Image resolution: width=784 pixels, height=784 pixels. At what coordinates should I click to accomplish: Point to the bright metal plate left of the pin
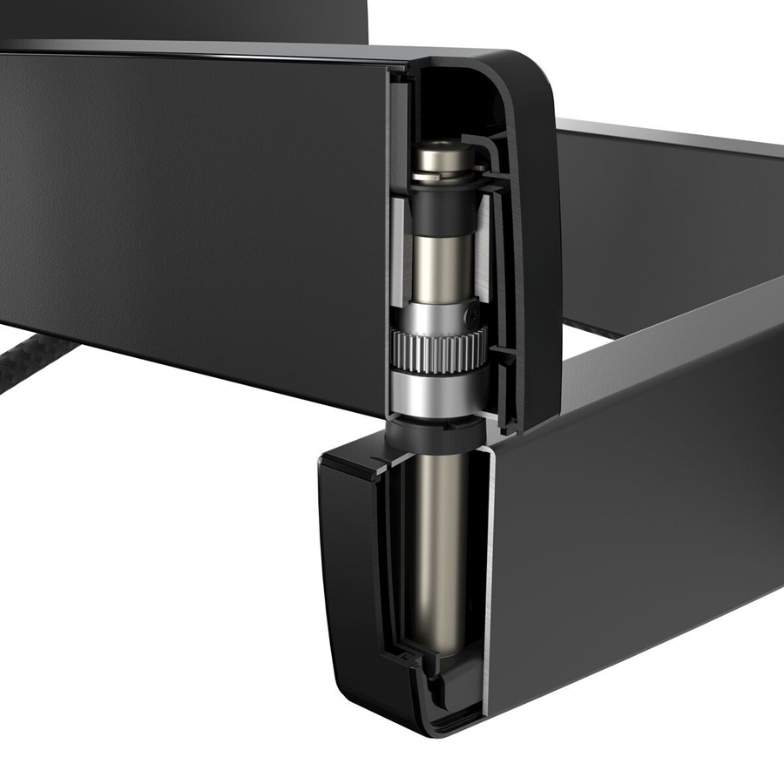click(398, 261)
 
